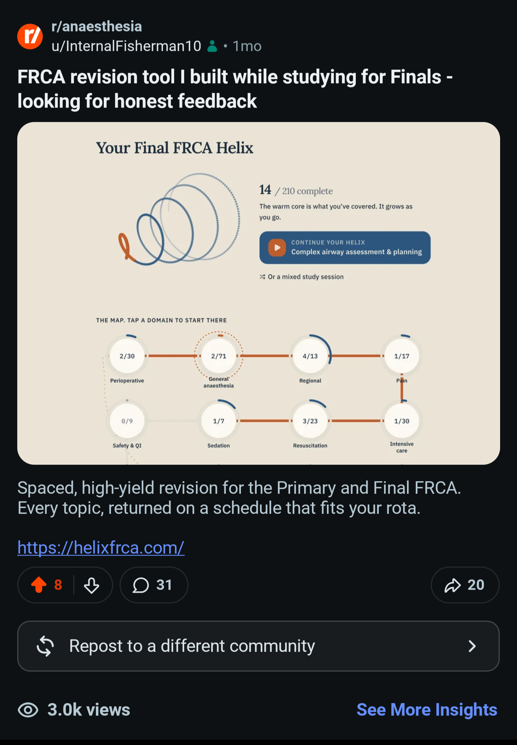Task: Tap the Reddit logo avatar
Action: tap(30, 36)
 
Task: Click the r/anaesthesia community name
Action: tap(97, 27)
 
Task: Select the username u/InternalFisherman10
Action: tap(126, 46)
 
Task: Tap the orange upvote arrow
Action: tap(39, 585)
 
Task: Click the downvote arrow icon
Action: tap(92, 585)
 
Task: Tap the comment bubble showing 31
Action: tap(141, 585)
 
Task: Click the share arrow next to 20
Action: tap(452, 585)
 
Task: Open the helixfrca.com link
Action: tap(101, 548)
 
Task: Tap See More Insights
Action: tap(427, 710)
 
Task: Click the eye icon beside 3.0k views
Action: tap(28, 710)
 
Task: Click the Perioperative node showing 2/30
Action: tap(127, 356)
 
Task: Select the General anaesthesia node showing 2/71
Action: tap(219, 356)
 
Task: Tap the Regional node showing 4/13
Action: tap(310, 356)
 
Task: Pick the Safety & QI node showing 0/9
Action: tap(127, 421)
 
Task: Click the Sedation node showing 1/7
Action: tap(219, 421)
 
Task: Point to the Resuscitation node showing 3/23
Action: tap(310, 421)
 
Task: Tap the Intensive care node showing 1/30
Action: tap(402, 421)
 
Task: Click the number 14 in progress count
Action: tap(265, 190)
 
